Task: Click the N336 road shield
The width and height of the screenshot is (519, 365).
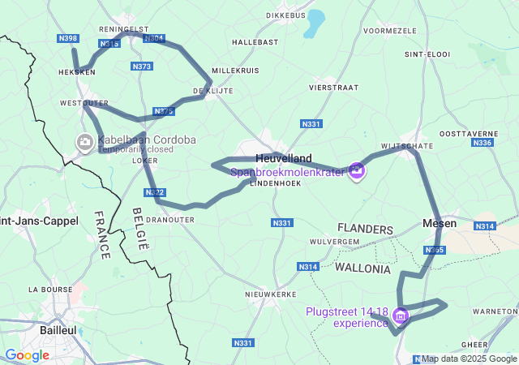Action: (x=482, y=143)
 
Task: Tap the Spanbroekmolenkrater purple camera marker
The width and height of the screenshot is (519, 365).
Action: (x=357, y=170)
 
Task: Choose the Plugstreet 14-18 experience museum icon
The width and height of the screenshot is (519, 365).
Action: (x=401, y=315)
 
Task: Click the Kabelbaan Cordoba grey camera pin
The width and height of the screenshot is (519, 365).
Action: (x=84, y=143)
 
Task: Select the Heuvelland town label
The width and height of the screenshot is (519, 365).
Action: (x=283, y=158)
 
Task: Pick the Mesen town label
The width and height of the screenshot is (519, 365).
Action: (x=440, y=223)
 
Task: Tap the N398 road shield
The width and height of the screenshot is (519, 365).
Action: (x=68, y=38)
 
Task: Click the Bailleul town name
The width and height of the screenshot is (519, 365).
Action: (x=58, y=330)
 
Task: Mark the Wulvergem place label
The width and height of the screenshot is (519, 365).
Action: (x=333, y=241)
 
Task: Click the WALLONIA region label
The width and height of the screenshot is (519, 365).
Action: (x=362, y=268)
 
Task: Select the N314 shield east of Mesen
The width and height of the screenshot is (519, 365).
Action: (x=484, y=226)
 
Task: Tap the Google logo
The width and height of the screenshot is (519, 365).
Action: (x=26, y=354)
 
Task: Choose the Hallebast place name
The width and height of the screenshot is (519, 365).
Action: (x=255, y=41)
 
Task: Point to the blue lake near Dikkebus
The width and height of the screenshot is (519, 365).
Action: (x=314, y=22)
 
